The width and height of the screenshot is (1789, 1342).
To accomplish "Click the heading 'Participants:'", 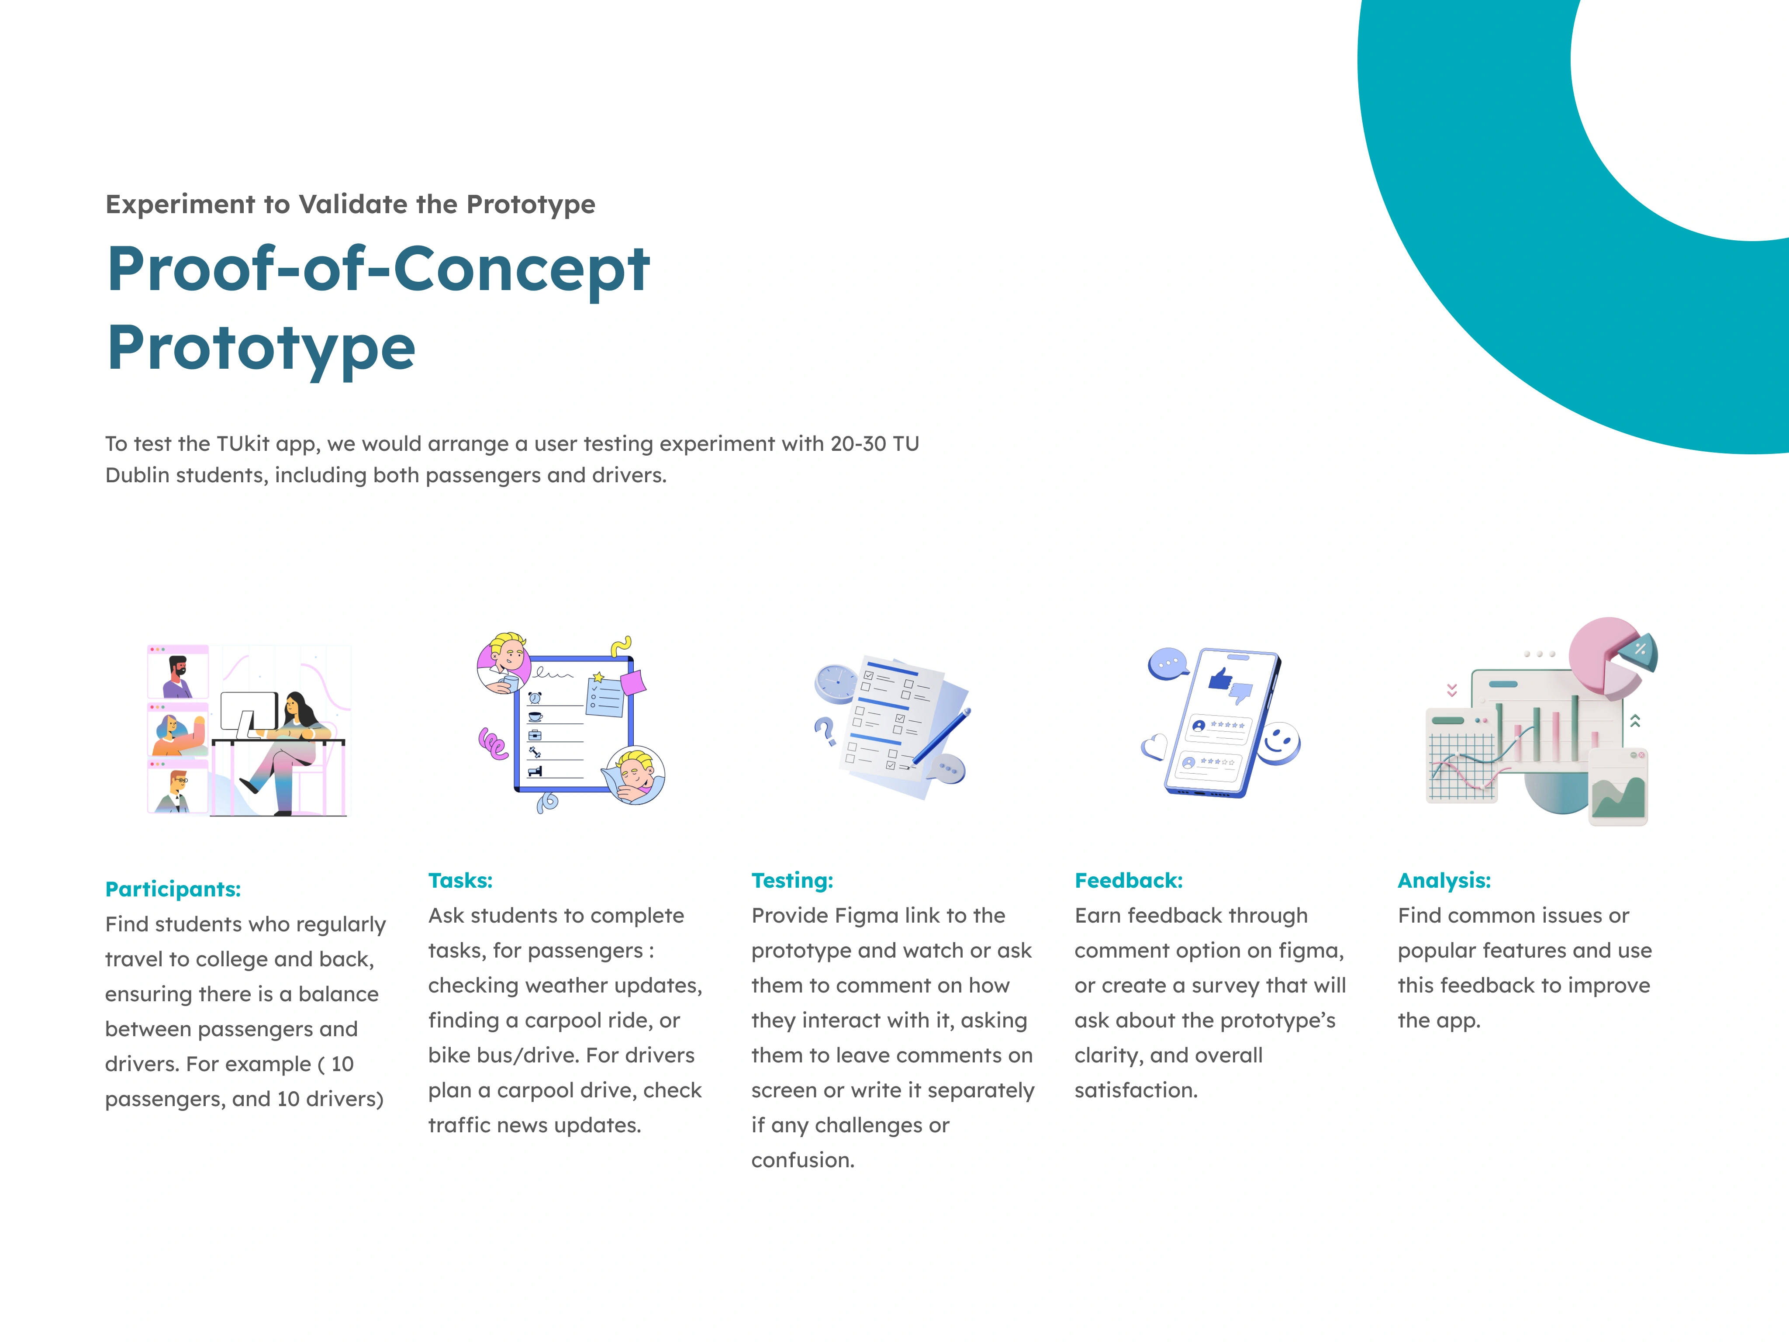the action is [173, 889].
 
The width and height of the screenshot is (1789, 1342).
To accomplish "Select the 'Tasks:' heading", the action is [460, 880].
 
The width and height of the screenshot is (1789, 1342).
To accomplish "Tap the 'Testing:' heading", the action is [792, 880].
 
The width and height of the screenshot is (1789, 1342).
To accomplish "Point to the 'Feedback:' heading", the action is [1128, 880].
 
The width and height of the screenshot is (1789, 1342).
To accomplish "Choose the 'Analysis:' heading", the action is [1444, 880].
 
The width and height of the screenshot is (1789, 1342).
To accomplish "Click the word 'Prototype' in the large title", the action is [261, 348].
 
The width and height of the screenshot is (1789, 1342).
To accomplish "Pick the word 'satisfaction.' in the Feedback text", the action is [1136, 1090].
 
